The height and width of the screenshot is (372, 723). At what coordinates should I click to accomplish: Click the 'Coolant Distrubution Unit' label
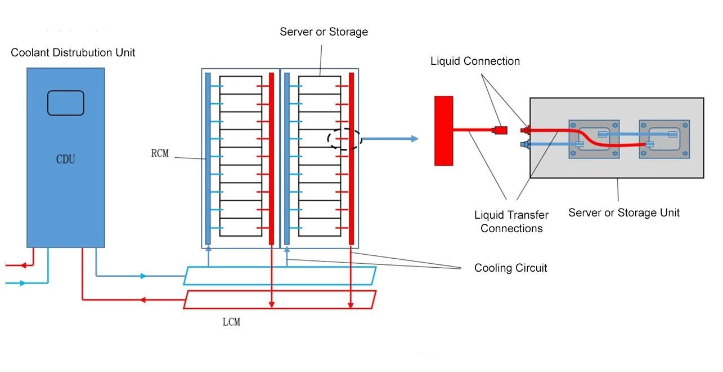click(73, 52)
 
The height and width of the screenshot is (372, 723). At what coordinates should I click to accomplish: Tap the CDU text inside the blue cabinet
click(65, 160)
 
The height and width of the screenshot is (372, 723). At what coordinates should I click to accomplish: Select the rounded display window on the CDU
click(66, 103)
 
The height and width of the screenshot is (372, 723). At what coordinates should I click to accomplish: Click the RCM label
click(160, 153)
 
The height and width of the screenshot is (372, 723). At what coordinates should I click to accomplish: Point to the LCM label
click(231, 322)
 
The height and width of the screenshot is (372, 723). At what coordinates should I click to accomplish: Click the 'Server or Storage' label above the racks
click(324, 32)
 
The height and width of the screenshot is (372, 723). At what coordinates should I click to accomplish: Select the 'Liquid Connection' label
click(475, 61)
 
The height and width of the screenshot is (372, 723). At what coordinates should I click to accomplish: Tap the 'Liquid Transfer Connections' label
click(511, 222)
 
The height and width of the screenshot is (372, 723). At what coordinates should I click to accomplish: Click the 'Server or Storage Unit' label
click(624, 212)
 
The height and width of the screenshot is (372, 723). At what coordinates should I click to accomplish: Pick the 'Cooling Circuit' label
click(511, 268)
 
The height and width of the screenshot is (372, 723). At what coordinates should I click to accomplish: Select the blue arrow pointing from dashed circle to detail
click(390, 139)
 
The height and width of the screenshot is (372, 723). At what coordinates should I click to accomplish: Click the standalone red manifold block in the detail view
click(443, 131)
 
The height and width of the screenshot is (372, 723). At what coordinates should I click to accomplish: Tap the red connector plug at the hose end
click(499, 130)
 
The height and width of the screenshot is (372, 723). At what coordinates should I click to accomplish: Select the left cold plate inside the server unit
click(594, 139)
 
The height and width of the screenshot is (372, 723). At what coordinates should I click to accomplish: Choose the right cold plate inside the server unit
click(664, 139)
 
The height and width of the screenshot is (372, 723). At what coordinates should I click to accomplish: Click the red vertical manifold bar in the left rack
click(271, 159)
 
